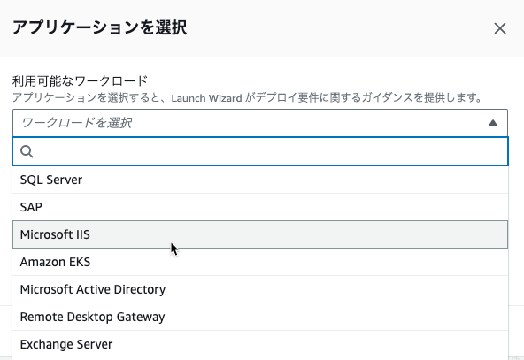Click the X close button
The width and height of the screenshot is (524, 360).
[500, 28]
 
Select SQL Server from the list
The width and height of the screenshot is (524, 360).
[51, 180]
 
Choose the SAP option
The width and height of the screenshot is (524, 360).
[31, 207]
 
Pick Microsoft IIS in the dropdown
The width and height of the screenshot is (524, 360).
[55, 234]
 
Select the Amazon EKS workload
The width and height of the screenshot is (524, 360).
[55, 262]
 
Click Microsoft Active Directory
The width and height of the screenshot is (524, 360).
[93, 289]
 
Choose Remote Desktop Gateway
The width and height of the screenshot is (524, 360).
[92, 317]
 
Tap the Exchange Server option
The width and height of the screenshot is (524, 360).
[66, 344]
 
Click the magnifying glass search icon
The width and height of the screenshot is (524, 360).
[27, 151]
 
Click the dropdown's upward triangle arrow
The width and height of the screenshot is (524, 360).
[493, 123]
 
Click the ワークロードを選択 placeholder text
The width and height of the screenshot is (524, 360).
[76, 123]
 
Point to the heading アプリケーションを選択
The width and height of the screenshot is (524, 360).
[100, 27]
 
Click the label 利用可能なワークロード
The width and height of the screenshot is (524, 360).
[80, 80]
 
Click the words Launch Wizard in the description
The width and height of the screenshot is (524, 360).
[206, 98]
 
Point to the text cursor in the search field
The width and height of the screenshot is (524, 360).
[42, 151]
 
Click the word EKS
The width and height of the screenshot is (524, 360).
[80, 262]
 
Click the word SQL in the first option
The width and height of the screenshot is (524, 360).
[31, 180]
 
